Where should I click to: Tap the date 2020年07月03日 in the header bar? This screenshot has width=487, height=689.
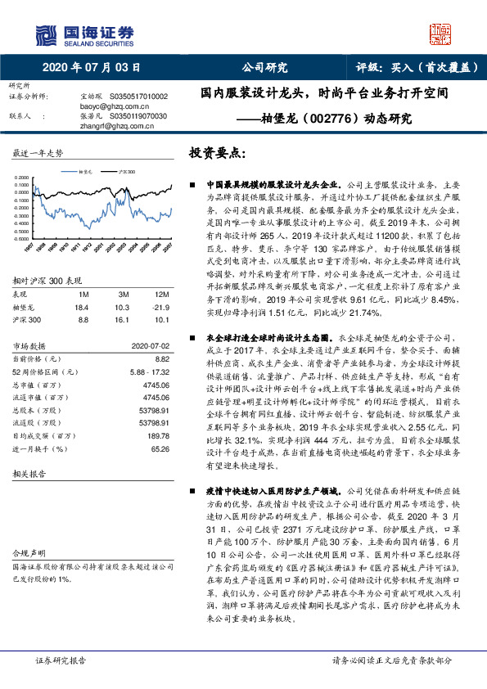coord(91,68)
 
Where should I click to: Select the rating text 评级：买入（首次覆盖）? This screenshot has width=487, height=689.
coord(417,68)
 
